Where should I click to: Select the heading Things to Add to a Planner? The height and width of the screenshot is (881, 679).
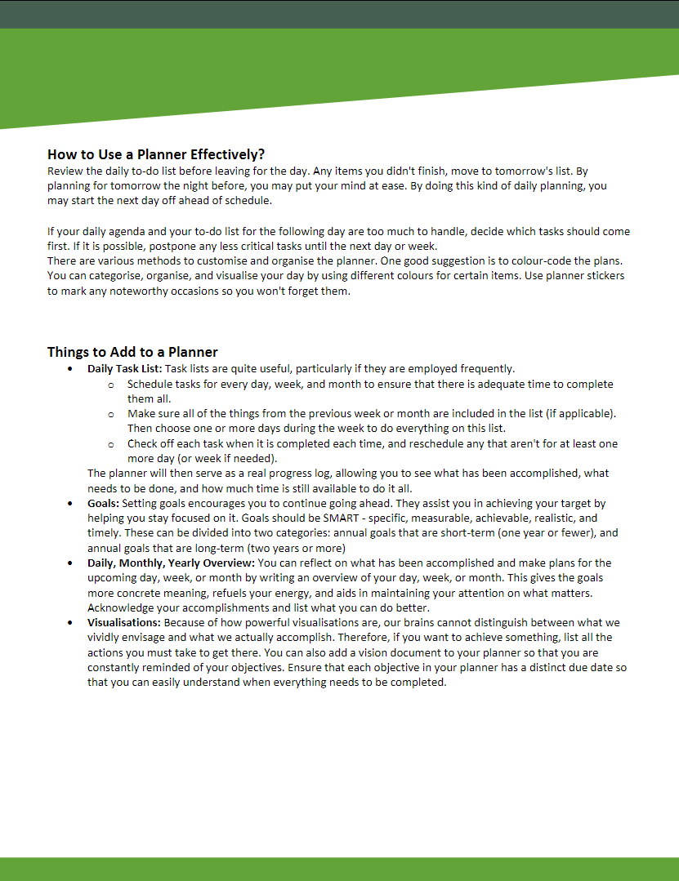(x=132, y=352)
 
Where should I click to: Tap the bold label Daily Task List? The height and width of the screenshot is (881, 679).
(x=125, y=369)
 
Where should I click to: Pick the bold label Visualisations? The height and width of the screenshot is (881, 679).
(x=123, y=622)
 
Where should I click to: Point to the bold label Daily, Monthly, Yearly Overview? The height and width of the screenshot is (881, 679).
(x=172, y=563)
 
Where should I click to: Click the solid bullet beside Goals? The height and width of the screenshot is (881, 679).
(x=71, y=504)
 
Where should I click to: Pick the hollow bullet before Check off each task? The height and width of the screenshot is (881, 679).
(x=110, y=444)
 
